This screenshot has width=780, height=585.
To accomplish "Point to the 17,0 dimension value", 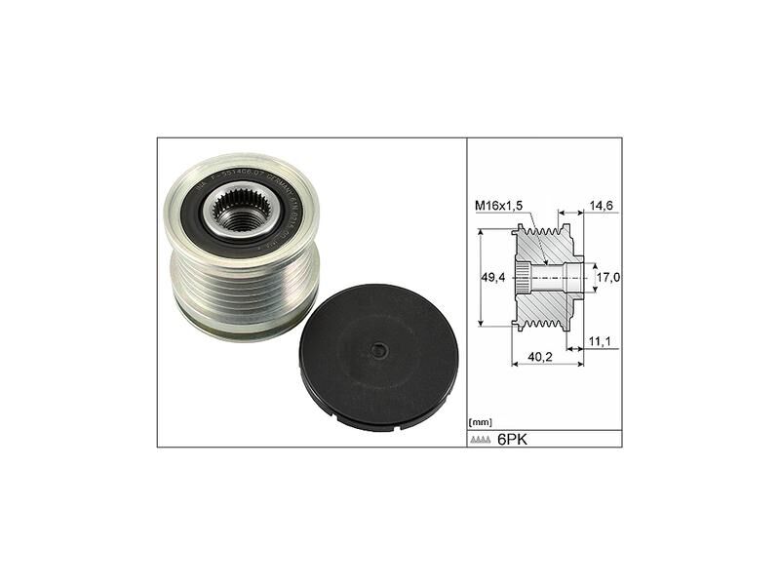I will pyautogui.click(x=608, y=278).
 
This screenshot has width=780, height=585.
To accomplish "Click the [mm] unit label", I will pyautogui.click(x=481, y=421).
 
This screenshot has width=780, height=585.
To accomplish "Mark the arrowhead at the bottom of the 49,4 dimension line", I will pyautogui.click(x=485, y=326).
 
